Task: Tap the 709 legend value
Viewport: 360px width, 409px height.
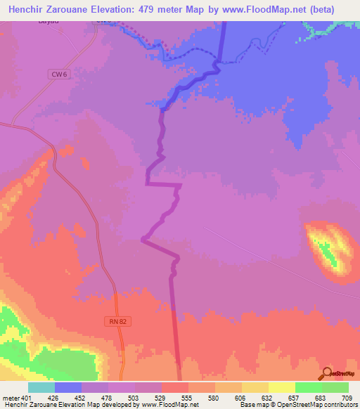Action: coord(336,398)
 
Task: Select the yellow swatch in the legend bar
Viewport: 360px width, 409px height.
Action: coord(281,387)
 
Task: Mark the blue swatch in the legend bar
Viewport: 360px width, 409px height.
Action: coord(68,387)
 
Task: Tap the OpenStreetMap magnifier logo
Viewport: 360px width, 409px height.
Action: coord(326,373)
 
